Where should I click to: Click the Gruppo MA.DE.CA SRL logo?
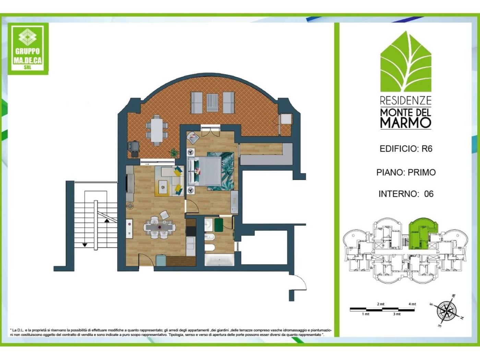pyautogui.click(x=28, y=48)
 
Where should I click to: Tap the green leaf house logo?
pyautogui.click(x=406, y=61)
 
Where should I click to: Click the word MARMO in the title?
pyautogui.click(x=406, y=123)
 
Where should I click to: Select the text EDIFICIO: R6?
pyautogui.click(x=406, y=149)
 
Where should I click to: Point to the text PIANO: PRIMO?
pyautogui.click(x=406, y=172)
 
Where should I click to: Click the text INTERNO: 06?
pyautogui.click(x=406, y=194)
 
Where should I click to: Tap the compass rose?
pyautogui.click(x=446, y=311)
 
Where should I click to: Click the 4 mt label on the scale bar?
pyautogui.click(x=412, y=304)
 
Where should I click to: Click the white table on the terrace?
pyautogui.click(x=157, y=130)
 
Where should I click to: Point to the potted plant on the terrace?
pyautogui.click(x=174, y=153)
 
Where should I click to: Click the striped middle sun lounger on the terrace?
pyautogui.click(x=212, y=103)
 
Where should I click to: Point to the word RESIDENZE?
pyautogui.click(x=406, y=100)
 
